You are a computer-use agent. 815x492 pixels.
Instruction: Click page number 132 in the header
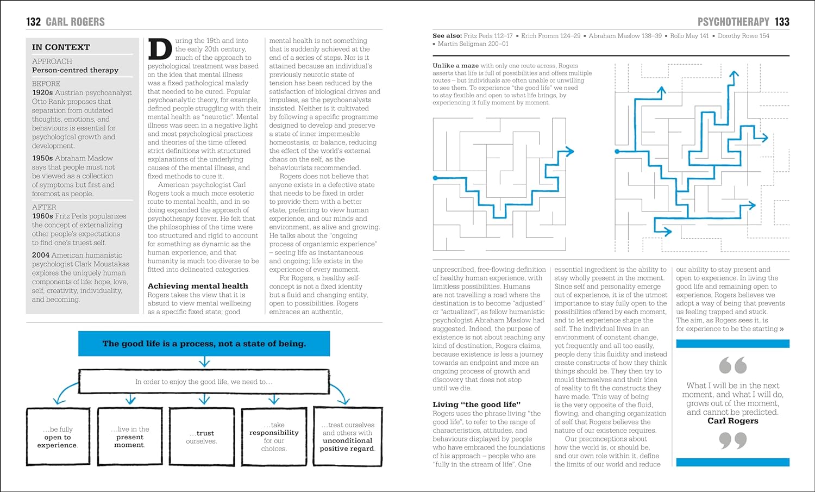click(x=33, y=22)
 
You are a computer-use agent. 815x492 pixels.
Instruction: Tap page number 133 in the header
click(x=782, y=22)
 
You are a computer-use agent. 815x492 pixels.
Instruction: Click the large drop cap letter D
click(x=160, y=49)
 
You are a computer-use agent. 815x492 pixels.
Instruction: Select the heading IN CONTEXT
click(x=61, y=47)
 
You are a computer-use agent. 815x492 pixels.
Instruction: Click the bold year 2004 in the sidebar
click(x=41, y=255)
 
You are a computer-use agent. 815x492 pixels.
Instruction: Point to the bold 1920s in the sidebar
click(x=42, y=93)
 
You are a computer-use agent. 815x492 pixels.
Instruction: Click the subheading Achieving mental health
click(x=198, y=286)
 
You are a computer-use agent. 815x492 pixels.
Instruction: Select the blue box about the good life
click(x=204, y=344)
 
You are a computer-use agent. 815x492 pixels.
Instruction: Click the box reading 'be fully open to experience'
click(x=58, y=437)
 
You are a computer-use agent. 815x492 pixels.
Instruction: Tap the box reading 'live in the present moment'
click(x=130, y=437)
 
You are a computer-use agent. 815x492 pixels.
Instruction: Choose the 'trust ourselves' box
click(x=202, y=437)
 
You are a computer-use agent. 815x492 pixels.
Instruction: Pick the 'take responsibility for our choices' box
click(x=274, y=437)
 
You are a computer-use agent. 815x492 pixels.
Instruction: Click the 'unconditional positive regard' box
click(x=347, y=437)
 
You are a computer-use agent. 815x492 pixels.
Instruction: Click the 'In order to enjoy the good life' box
click(x=204, y=382)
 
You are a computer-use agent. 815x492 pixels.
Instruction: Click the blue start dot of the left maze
click(x=435, y=178)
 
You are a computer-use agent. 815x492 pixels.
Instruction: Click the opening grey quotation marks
click(x=732, y=365)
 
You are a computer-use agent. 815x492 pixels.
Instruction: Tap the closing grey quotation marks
click(x=732, y=440)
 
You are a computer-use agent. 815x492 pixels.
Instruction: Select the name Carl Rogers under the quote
click(x=732, y=421)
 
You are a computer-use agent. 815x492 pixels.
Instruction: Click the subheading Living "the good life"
click(x=477, y=404)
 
